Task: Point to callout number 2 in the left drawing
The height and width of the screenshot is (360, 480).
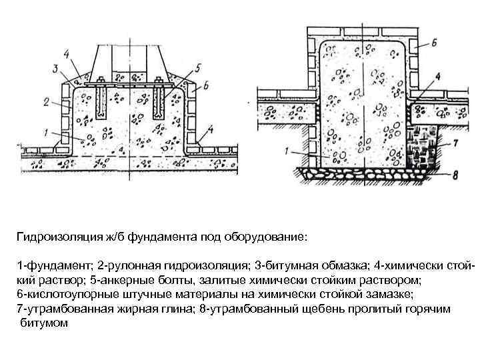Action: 45,102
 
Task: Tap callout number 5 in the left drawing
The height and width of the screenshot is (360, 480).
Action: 197,67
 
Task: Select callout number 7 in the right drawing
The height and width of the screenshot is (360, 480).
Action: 455,143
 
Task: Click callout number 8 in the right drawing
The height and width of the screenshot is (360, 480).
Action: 455,177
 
